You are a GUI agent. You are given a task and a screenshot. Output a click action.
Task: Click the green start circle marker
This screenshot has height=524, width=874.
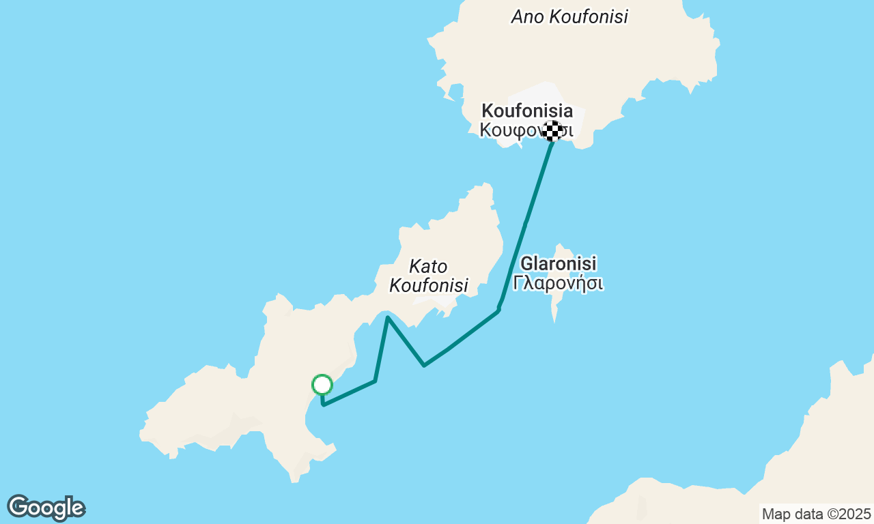pyautogui.click(x=322, y=385)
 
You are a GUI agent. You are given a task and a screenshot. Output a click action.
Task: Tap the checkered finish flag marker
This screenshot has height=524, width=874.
pyautogui.click(x=552, y=130)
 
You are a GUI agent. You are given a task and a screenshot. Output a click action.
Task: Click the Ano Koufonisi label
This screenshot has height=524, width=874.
pyautogui.click(x=569, y=17)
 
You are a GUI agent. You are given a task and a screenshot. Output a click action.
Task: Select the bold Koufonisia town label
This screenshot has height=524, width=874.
pyautogui.click(x=527, y=111)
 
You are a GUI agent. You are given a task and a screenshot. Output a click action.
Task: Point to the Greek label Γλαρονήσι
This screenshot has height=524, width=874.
pyautogui.click(x=559, y=282)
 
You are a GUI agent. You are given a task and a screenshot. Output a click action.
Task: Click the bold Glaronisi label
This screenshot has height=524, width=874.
pyautogui.click(x=559, y=263)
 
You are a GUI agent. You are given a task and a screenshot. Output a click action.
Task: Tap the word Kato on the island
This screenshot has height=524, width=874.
pyautogui.click(x=428, y=265)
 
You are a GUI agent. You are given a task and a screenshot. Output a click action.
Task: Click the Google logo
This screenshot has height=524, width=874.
pyautogui.click(x=46, y=508)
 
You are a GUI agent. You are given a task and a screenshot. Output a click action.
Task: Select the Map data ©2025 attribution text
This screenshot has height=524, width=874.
pyautogui.click(x=816, y=514)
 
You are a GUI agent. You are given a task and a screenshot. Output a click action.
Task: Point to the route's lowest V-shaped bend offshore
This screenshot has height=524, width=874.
pyautogui.click(x=424, y=365)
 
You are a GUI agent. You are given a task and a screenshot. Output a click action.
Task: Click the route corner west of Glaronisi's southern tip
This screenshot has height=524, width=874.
pyautogui.click(x=498, y=310)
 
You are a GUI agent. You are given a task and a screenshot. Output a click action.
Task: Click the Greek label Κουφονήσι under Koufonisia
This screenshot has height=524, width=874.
pyautogui.click(x=526, y=130)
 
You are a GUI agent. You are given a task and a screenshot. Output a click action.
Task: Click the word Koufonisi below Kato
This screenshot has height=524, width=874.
pyautogui.click(x=429, y=285)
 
